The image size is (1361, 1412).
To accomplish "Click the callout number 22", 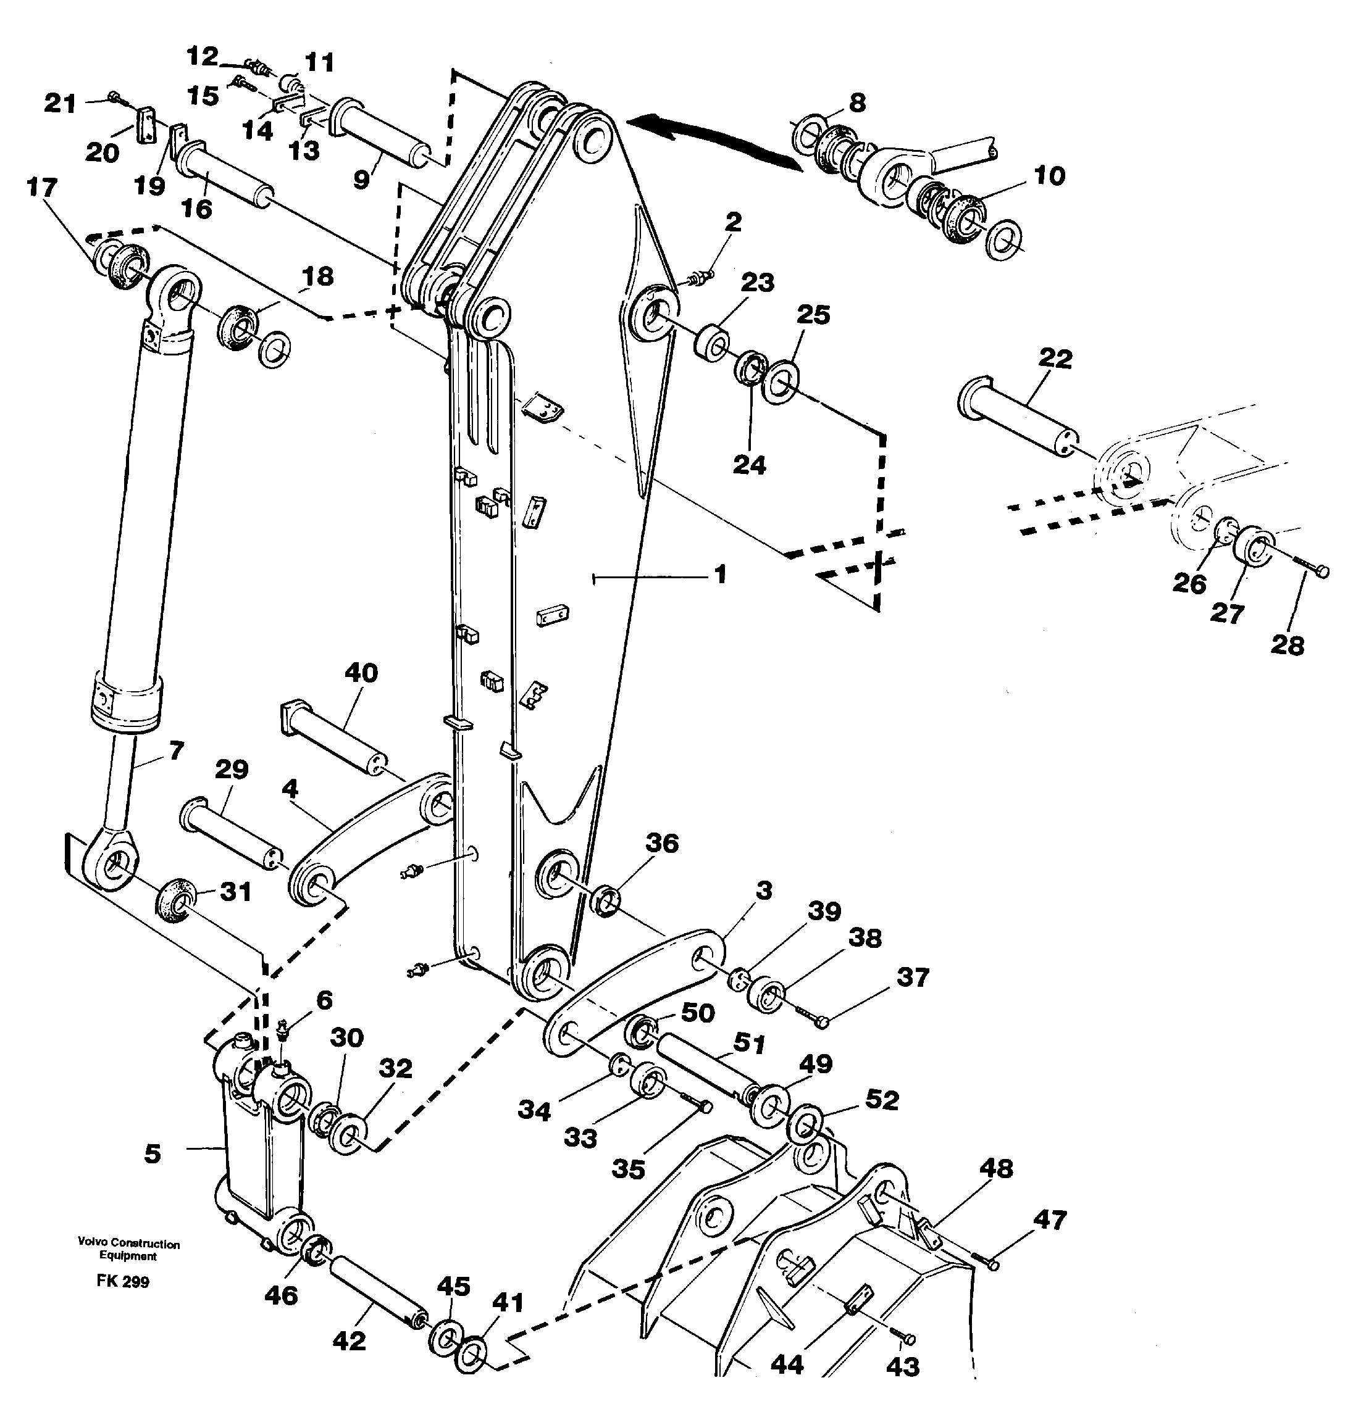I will (1055, 358).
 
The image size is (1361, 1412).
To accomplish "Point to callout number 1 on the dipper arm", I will (719, 574).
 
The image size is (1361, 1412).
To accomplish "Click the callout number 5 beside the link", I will (152, 1153).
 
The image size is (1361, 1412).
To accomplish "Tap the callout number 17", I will (41, 188).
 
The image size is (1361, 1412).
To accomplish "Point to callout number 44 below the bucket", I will (787, 1364).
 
